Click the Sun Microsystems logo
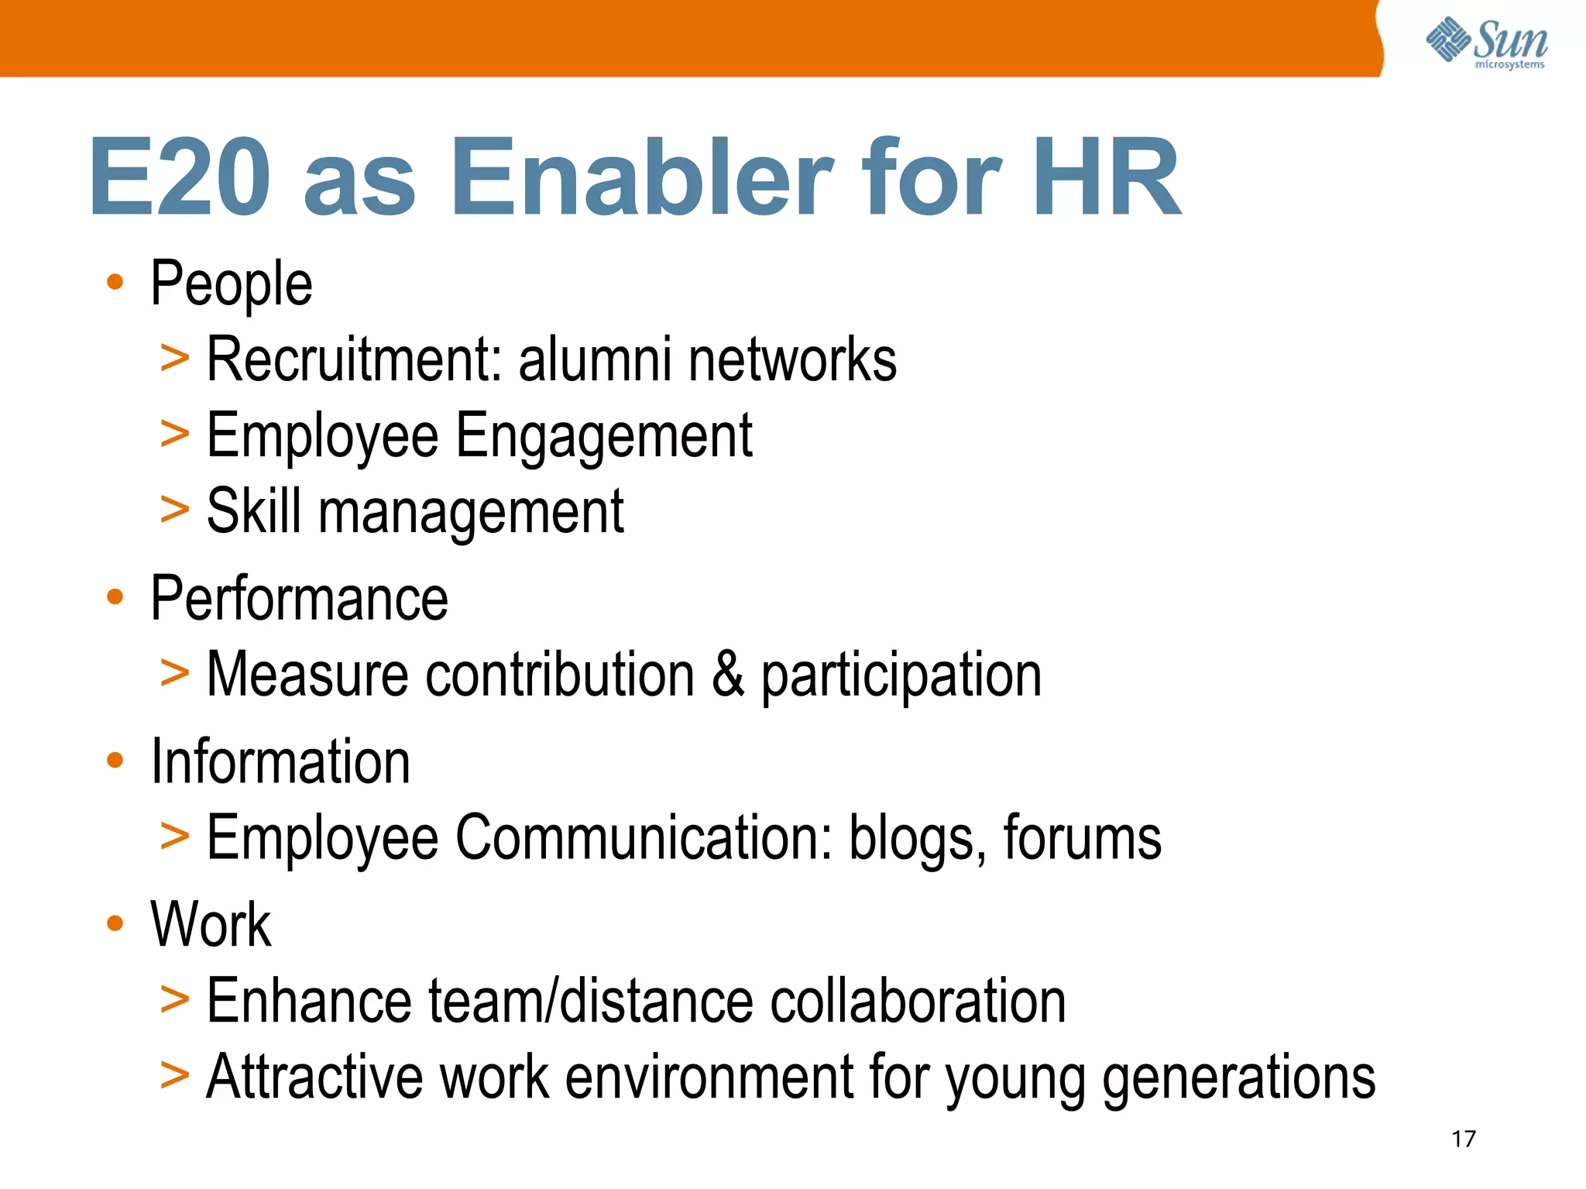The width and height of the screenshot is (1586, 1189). (x=1487, y=43)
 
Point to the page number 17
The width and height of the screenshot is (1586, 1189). (x=1463, y=1139)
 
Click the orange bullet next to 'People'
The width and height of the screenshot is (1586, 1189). (x=115, y=282)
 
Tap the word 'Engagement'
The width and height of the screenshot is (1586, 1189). (x=603, y=437)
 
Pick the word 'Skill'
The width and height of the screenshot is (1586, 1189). (x=254, y=511)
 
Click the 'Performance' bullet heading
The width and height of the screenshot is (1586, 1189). (x=299, y=599)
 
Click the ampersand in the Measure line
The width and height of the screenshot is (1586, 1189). (x=727, y=674)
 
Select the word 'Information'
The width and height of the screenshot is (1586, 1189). (x=280, y=762)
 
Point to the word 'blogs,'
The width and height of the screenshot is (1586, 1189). (x=918, y=839)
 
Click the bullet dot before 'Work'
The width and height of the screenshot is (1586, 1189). (x=115, y=923)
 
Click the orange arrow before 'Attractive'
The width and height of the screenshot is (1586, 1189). (x=174, y=1076)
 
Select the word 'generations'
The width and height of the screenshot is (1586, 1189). (x=1238, y=1078)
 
